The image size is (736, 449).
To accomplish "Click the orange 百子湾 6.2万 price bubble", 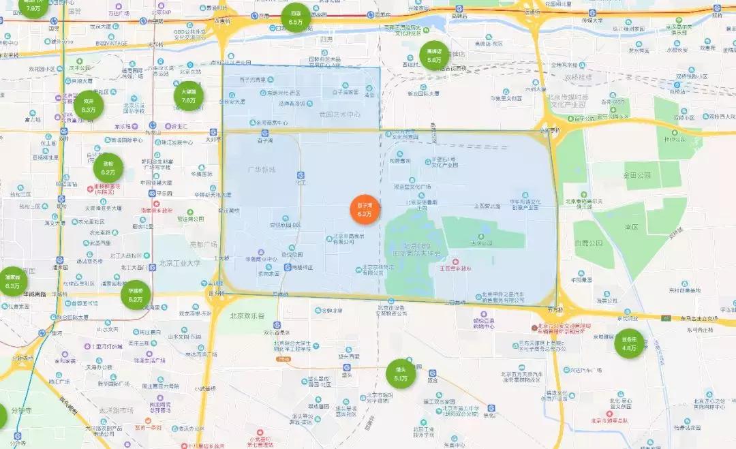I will tap(365, 209).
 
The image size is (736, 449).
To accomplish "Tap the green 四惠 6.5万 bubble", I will tap(296, 18).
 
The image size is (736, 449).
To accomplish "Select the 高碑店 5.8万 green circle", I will tap(434, 55).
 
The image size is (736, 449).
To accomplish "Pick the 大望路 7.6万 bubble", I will tap(189, 95).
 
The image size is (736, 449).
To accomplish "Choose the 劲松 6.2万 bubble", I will tap(108, 168).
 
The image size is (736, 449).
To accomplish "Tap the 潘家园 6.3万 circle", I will tap(12, 281).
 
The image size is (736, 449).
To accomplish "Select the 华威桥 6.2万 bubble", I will tap(136, 294).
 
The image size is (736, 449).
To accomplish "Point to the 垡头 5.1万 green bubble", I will tap(401, 373).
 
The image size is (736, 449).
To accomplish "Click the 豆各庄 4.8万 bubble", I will tap(629, 343).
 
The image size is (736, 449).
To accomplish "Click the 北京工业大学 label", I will tap(180, 263).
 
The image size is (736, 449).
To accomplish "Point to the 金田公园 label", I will tap(636, 175).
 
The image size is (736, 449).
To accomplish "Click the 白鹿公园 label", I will tap(589, 243).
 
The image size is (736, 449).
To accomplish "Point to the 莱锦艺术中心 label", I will tap(340, 114).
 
